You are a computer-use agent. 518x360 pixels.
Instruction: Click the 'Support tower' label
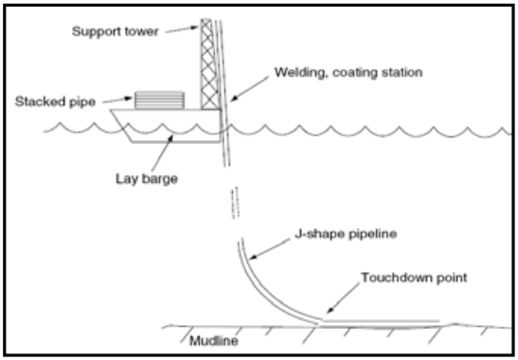click(115, 31)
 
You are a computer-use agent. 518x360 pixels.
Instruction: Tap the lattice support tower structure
click(209, 64)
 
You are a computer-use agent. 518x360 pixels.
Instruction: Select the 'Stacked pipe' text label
click(55, 101)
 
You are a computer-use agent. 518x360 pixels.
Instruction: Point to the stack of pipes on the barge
click(159, 100)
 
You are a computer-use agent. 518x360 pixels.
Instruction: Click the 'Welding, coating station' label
click(348, 72)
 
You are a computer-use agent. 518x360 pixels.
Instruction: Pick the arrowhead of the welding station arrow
click(233, 99)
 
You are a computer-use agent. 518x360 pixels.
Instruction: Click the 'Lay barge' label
click(147, 179)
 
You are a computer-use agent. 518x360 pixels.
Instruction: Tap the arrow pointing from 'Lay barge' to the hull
click(162, 153)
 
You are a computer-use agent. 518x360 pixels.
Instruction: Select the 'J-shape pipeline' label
click(346, 234)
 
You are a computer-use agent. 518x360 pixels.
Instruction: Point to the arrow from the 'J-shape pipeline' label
click(270, 249)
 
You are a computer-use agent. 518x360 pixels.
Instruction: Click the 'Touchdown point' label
click(414, 278)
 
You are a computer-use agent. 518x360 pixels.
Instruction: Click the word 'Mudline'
click(214, 341)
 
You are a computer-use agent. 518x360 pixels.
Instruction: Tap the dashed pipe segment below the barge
click(235, 203)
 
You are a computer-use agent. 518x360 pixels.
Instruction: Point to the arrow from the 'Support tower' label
click(183, 29)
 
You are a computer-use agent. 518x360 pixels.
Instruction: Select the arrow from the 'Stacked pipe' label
click(117, 99)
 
